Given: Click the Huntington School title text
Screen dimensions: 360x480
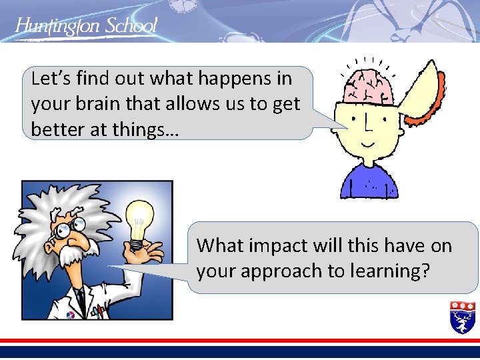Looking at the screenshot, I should [x=86, y=26].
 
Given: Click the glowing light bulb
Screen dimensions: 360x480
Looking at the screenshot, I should [x=140, y=221].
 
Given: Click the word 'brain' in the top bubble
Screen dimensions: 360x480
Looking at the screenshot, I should [x=91, y=104].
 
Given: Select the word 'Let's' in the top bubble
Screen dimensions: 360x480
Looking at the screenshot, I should [x=50, y=79].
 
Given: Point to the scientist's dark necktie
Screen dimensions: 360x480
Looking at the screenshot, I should [x=81, y=297].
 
